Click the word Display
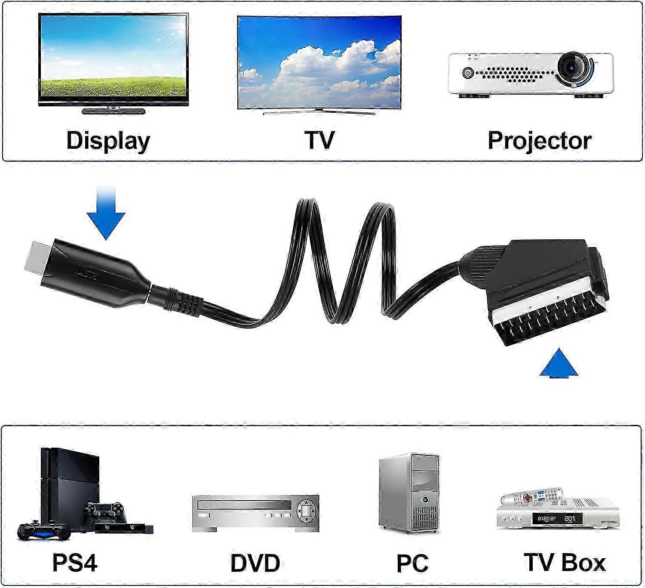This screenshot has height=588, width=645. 108,140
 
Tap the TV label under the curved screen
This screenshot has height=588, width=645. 319,140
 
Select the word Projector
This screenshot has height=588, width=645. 539,140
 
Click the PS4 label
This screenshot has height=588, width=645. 75,562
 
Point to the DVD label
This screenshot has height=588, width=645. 255,563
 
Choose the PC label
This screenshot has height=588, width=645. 412,563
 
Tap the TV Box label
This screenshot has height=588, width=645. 565,562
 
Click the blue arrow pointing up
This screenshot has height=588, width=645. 559,364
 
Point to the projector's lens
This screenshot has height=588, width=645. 572,68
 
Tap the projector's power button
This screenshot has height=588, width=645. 468,73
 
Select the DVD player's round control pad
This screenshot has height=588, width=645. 306,511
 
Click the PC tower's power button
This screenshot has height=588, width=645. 424,500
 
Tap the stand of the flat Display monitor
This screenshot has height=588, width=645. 113,110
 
